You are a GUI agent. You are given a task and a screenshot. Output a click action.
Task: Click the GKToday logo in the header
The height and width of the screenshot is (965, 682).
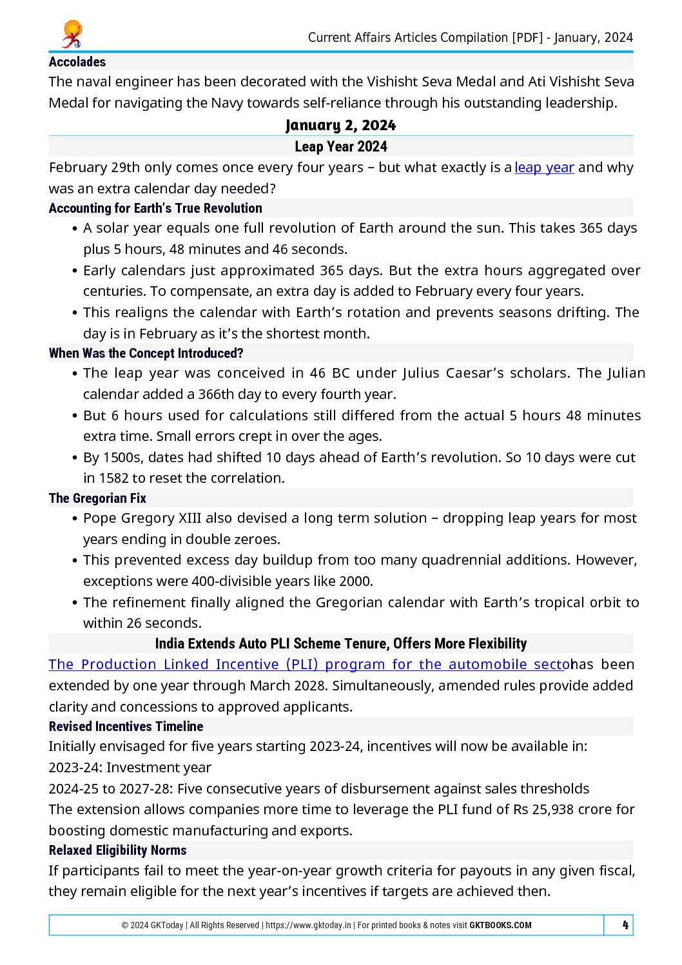point(72,35)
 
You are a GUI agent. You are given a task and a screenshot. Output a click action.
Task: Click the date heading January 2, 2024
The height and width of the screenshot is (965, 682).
point(340,125)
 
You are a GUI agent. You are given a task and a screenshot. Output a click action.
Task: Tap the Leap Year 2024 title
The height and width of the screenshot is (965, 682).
point(340,146)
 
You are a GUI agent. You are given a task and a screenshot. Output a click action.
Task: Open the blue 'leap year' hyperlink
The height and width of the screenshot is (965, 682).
point(544,168)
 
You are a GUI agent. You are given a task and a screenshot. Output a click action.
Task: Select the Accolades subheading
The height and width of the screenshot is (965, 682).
point(77,62)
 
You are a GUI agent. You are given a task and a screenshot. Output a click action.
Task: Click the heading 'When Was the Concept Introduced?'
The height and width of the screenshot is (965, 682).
point(146,353)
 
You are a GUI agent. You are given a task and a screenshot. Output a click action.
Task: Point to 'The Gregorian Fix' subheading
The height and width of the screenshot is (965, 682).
point(97,498)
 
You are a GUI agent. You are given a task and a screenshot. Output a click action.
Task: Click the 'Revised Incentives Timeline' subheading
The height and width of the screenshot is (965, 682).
point(126,726)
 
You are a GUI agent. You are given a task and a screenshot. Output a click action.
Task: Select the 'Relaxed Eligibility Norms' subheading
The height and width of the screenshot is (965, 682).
point(117,850)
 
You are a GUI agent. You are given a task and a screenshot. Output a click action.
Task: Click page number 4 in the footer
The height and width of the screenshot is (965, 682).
point(625,925)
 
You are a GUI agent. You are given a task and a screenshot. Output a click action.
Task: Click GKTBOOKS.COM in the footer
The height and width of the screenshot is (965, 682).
point(500,925)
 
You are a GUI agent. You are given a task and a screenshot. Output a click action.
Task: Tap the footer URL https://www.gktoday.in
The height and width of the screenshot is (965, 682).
point(308,925)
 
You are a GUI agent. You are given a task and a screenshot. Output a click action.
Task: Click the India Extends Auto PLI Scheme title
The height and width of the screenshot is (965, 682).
point(340,643)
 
